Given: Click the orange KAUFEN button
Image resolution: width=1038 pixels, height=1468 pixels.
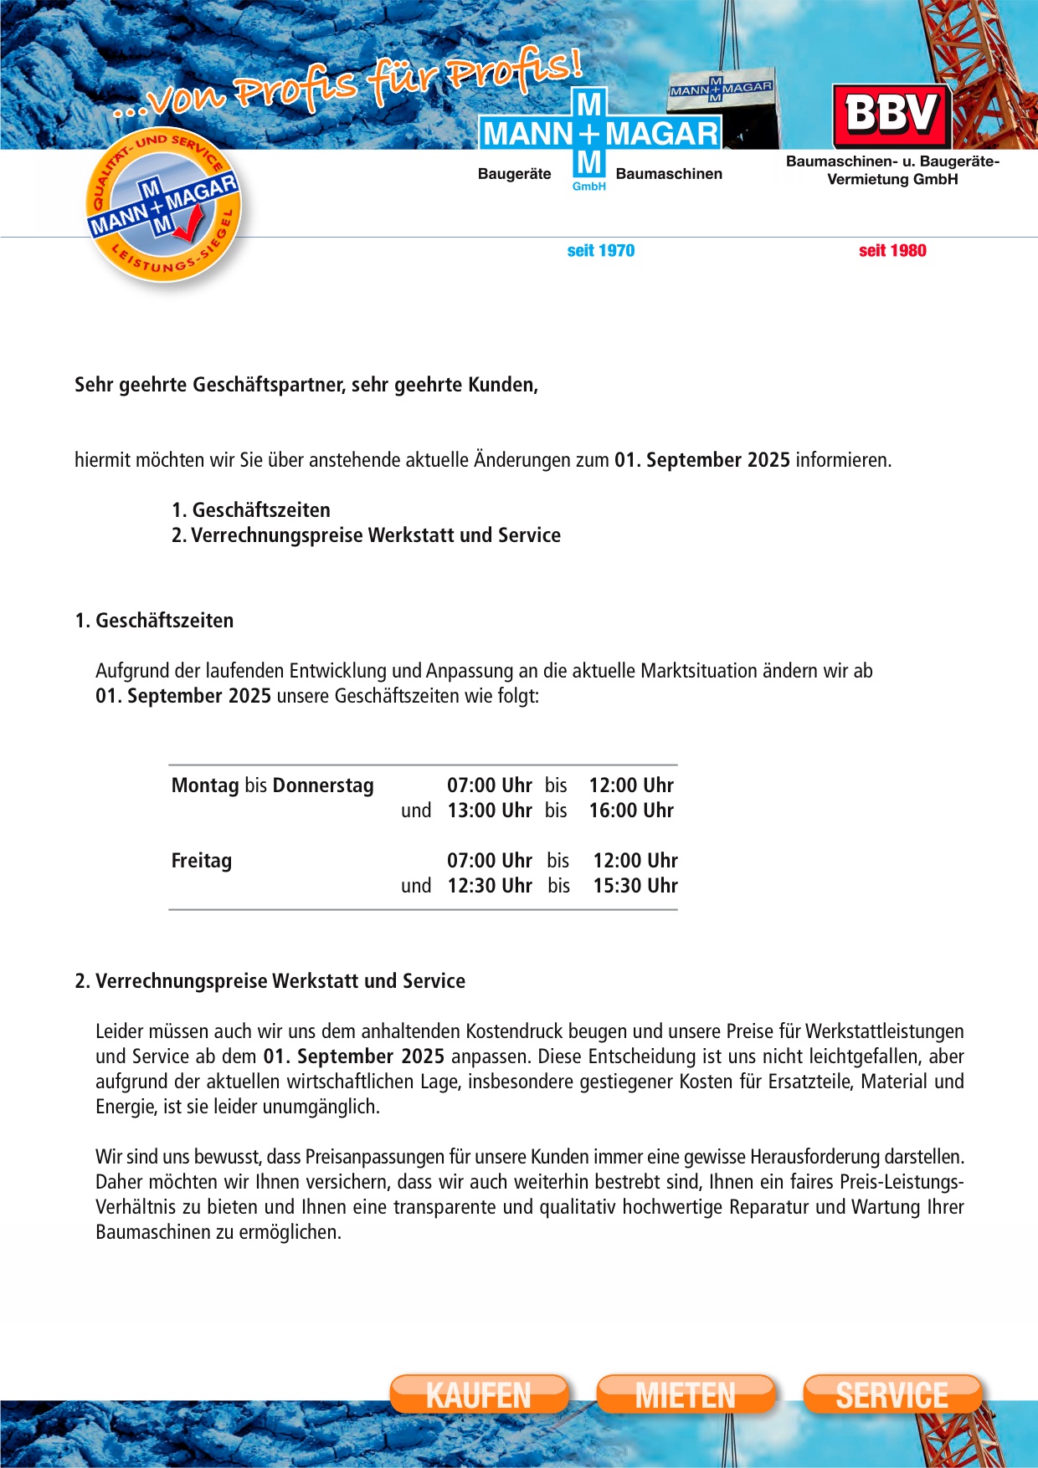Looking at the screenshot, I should (x=479, y=1394).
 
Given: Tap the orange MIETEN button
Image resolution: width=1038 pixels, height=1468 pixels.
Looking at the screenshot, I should (x=686, y=1394).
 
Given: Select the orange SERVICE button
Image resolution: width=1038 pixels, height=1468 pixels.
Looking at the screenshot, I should (x=892, y=1394).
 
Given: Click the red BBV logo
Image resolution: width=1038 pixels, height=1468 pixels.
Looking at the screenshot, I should (x=892, y=115).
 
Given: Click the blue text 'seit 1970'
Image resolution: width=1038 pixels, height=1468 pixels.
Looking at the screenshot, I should (x=601, y=251).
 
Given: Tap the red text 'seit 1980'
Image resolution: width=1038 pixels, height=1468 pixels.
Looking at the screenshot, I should (x=892, y=251).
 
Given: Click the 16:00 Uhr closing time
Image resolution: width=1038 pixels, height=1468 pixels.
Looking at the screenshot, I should (x=631, y=811).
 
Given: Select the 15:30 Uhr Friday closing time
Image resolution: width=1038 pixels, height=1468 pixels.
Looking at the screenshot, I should (x=635, y=886).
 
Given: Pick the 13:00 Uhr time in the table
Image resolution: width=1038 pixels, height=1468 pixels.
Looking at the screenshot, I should (x=490, y=811).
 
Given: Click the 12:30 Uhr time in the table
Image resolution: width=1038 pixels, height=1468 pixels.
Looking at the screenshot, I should (x=490, y=886).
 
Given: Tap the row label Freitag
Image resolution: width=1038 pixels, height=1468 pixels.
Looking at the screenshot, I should (x=202, y=861).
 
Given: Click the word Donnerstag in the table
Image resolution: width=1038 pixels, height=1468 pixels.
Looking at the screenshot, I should (x=323, y=785).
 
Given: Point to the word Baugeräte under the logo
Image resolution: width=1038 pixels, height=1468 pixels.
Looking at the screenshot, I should (x=514, y=174).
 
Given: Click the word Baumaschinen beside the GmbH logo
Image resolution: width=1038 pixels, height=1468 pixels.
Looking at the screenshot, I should (x=669, y=174).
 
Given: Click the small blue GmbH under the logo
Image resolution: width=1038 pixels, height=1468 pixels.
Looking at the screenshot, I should (x=589, y=187).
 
